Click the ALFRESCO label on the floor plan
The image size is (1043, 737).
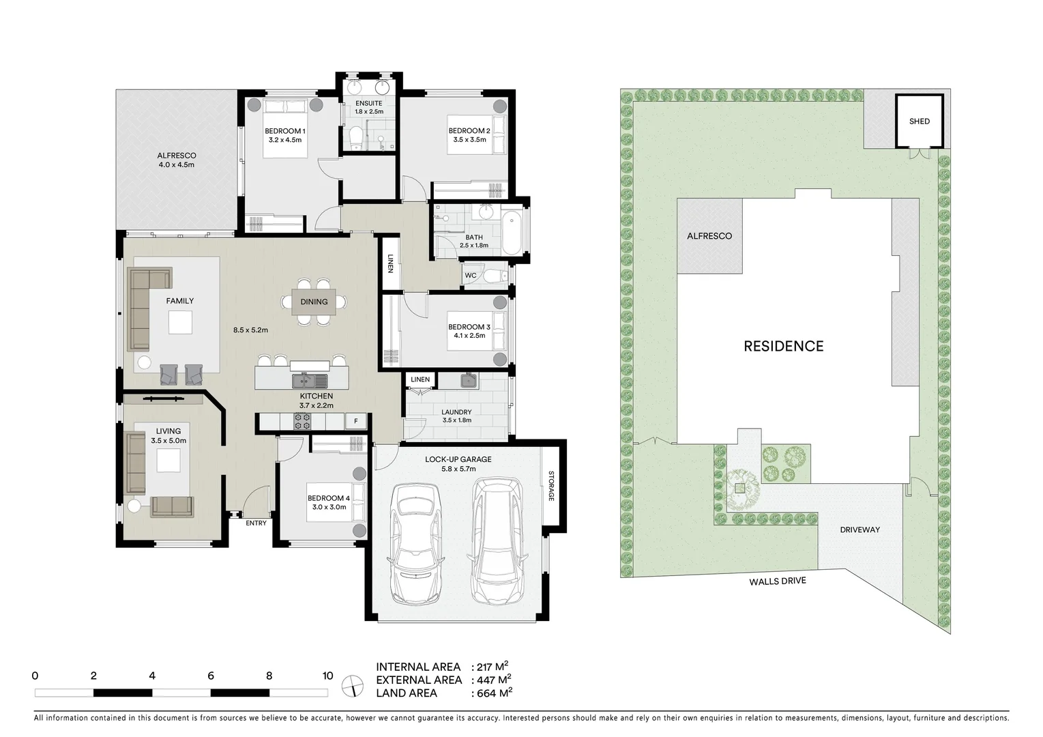pyautogui.click(x=177, y=156)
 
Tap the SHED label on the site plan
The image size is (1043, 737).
pyautogui.click(x=919, y=121)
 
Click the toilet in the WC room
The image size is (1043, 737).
pyautogui.click(x=496, y=276)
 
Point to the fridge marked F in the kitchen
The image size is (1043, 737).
pyautogui.click(x=355, y=422)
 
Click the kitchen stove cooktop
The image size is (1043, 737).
pyautogui.click(x=302, y=422)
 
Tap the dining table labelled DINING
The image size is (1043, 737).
pyautogui.click(x=314, y=302)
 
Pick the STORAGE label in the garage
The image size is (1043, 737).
pyautogui.click(x=551, y=486)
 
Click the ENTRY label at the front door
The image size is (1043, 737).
pyautogui.click(x=256, y=523)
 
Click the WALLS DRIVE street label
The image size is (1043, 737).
pyautogui.click(x=777, y=581)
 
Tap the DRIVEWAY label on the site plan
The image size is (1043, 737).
pyautogui.click(x=860, y=530)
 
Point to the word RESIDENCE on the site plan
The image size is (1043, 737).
pyautogui.click(x=783, y=346)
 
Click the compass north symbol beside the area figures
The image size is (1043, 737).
pyautogui.click(x=353, y=684)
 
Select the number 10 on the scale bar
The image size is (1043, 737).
pyautogui.click(x=327, y=676)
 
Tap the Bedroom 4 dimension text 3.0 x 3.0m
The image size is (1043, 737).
pyautogui.click(x=328, y=507)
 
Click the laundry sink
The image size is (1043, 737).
pyautogui.click(x=467, y=381)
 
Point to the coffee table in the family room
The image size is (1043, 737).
pyautogui.click(x=180, y=321)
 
